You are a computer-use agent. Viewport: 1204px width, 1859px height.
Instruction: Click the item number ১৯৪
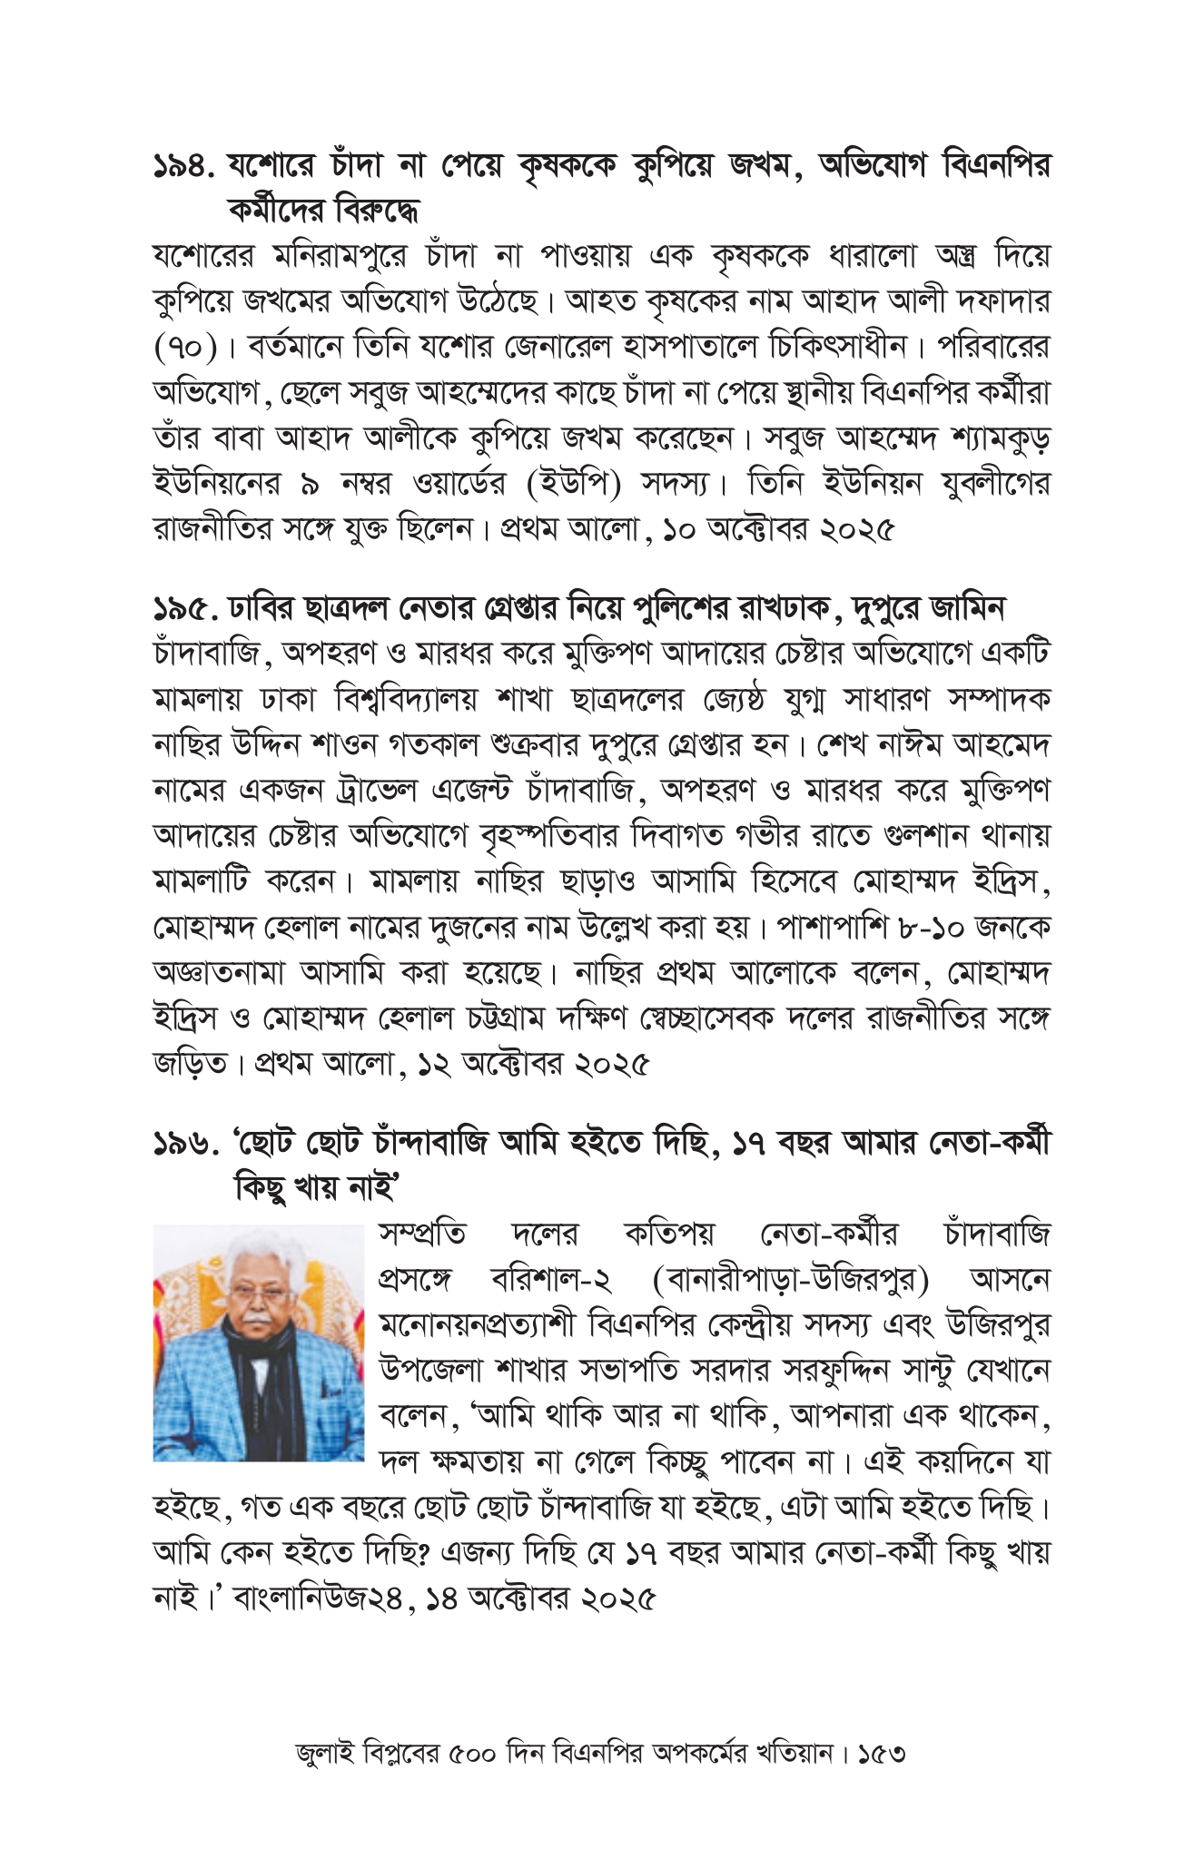point(185,166)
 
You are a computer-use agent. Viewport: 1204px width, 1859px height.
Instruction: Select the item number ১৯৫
point(185,607)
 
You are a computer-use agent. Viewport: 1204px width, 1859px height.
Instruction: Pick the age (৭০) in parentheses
point(185,347)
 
